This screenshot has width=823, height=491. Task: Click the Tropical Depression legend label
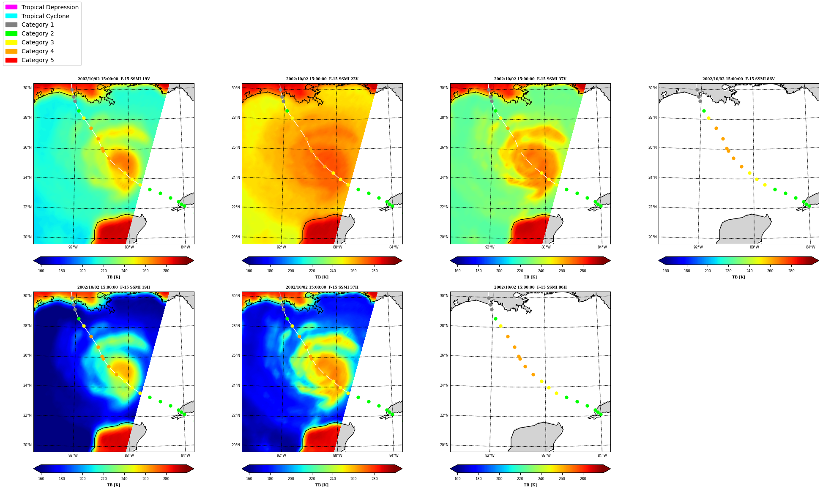coord(50,7)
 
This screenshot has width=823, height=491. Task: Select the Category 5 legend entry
coord(29,60)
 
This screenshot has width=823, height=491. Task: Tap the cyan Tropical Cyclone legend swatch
coord(11,16)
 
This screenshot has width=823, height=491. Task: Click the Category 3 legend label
coord(38,42)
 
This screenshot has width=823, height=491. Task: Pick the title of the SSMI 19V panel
coord(114,79)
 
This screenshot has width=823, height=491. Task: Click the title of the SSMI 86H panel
coord(530,287)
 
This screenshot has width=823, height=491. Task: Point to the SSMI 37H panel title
coord(322,287)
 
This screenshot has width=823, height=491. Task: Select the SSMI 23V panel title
coord(322,79)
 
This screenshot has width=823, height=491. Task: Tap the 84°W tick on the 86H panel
coord(602,456)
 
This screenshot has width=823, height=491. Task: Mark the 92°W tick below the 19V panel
coord(73,247)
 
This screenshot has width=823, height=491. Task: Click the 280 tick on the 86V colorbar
coord(791,271)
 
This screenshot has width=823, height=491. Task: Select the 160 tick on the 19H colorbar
coord(41,479)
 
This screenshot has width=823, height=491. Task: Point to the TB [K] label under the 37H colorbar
coord(322,485)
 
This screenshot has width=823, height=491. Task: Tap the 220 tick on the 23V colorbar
coord(312,271)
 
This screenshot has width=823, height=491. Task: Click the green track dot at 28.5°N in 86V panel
coord(704,111)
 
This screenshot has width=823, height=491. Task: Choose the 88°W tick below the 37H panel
coord(337,456)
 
